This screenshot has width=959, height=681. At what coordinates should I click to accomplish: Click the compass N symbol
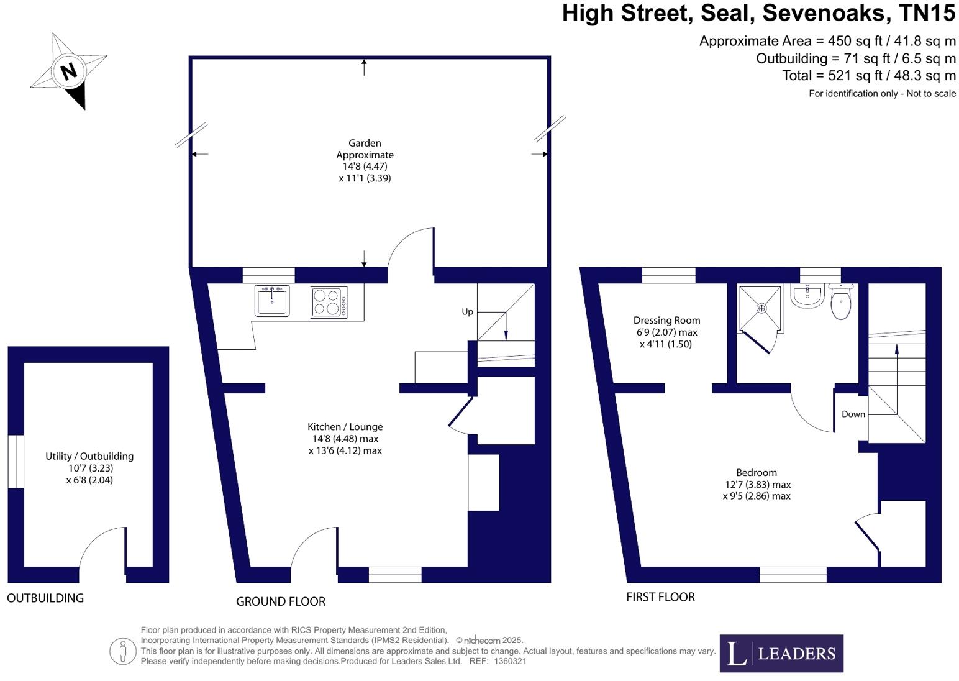coord(68,70)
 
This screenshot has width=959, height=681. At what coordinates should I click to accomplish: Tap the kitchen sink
coord(272,301)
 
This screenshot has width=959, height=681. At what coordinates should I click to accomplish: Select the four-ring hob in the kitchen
coord(329,302)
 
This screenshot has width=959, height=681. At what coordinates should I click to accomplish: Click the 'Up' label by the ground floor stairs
coord(467,312)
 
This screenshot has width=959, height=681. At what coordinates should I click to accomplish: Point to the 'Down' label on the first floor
coord(853,414)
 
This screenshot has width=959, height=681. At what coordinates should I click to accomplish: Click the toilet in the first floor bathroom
coord(840,303)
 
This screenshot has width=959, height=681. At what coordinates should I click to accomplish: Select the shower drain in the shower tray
coord(761,308)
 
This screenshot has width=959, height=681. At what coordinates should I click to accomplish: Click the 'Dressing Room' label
coord(666,321)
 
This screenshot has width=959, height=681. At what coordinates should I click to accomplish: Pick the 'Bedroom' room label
coord(756,473)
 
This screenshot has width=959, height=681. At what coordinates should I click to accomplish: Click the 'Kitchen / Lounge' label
coord(345,427)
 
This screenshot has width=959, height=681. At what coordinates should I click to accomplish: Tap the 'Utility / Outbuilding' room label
coord(89,456)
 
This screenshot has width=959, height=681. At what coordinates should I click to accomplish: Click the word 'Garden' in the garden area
coord(365,144)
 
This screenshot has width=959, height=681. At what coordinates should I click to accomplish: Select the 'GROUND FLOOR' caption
coord(281,601)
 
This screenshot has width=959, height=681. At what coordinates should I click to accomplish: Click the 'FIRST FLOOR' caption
coord(660,597)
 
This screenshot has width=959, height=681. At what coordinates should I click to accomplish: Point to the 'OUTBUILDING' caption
coord(45,598)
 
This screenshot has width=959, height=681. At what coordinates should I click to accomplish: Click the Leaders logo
coord(781,653)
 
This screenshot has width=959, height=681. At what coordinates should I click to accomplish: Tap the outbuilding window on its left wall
coord(16,461)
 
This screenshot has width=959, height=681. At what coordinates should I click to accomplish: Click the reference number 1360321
coord(510,661)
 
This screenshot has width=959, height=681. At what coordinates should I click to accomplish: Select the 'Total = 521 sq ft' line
coord(868,76)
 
